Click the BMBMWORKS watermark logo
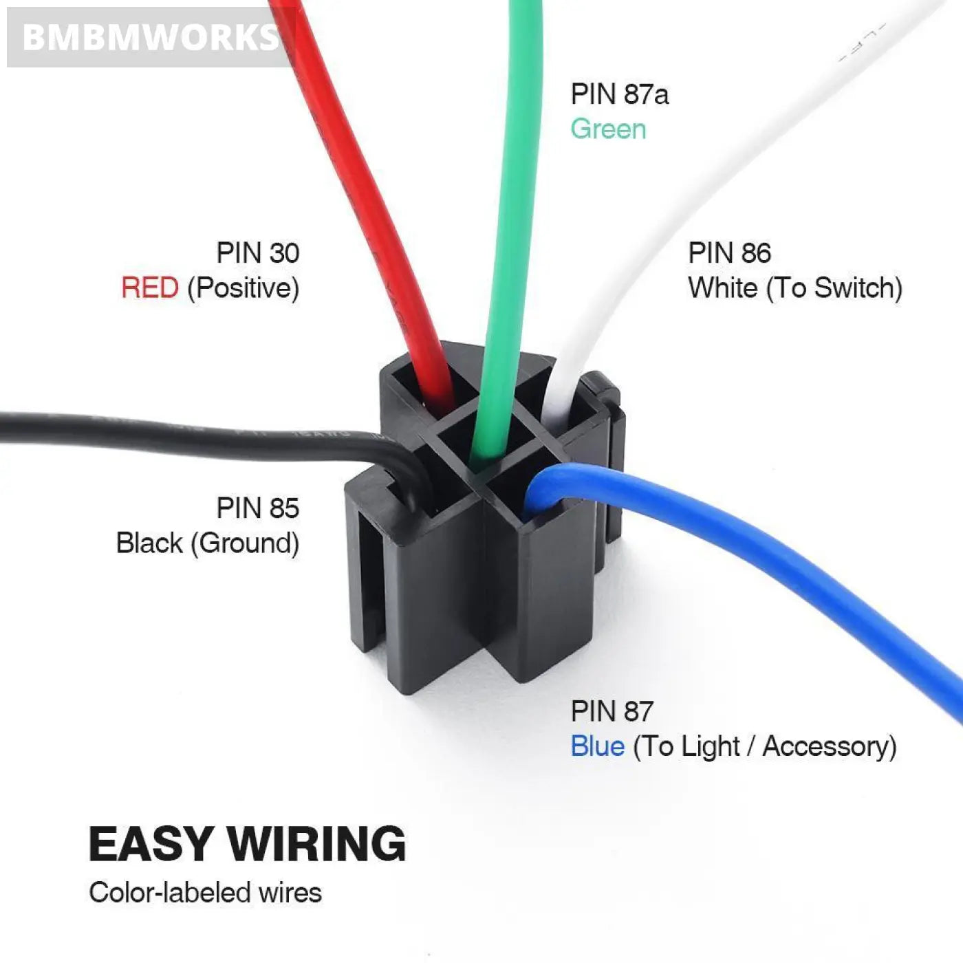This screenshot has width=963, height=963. [150, 37]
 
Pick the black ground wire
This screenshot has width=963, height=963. [172, 430]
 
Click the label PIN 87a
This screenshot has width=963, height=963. [619, 94]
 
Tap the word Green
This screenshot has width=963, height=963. [608, 129]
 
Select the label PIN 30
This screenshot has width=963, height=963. [258, 253]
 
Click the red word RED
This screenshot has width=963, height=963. [150, 288]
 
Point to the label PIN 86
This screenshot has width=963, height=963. [729, 253]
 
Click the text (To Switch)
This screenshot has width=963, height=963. [834, 288]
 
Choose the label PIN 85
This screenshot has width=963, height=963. [258, 508]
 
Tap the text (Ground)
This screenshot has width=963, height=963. [245, 543]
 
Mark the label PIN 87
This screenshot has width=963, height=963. [612, 711]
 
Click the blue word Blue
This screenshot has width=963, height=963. [597, 747]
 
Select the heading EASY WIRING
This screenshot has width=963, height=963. [248, 844]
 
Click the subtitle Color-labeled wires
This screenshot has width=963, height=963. [205, 893]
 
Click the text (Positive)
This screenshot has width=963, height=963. [244, 288]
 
